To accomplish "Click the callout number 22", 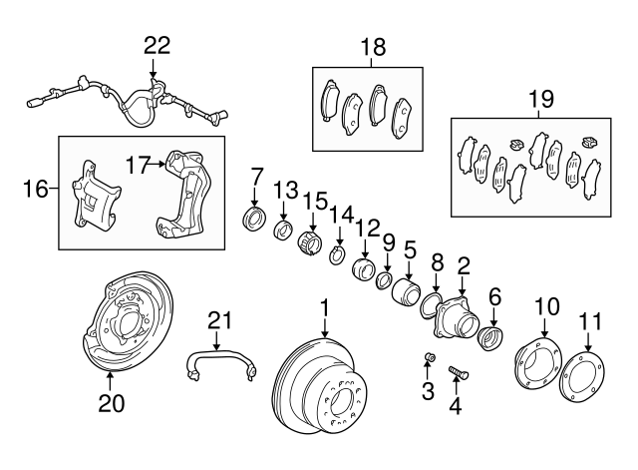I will pyautogui.click(x=157, y=44).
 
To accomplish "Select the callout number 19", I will pyautogui.click(x=539, y=99).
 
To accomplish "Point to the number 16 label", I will pyautogui.click(x=35, y=188).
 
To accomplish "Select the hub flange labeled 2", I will pyautogui.click(x=456, y=318).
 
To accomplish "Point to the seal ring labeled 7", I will pyautogui.click(x=255, y=219).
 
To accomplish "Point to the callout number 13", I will pyautogui.click(x=286, y=190).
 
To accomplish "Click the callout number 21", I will pyautogui.click(x=218, y=319).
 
